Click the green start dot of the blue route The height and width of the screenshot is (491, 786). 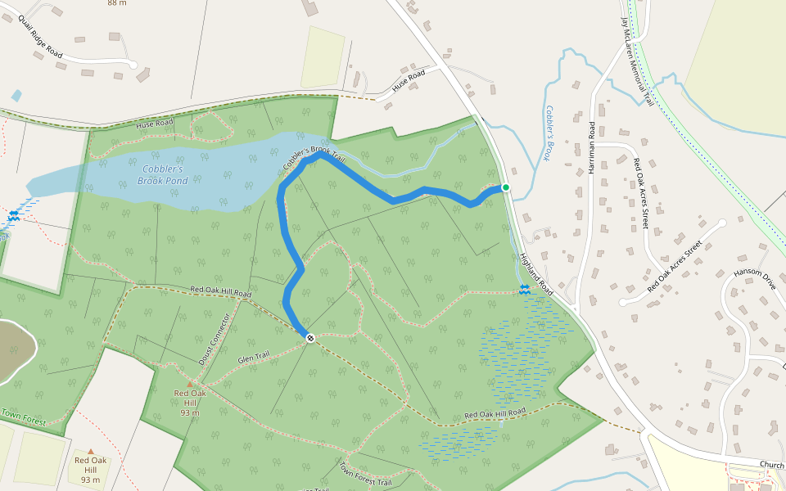(506, 188)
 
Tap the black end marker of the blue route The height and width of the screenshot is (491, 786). (310, 338)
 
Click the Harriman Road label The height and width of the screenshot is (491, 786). (591, 148)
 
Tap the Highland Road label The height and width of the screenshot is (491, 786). (536, 274)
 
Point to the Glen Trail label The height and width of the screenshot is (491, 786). (253, 358)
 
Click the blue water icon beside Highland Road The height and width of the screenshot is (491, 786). (524, 289)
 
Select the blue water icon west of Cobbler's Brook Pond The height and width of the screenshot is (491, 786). (14, 217)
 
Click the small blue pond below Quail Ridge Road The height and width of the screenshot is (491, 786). (16, 96)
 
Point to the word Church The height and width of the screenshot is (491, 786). (771, 465)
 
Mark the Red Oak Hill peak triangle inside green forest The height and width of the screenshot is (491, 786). (190, 384)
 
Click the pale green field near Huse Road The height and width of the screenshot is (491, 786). (323, 56)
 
